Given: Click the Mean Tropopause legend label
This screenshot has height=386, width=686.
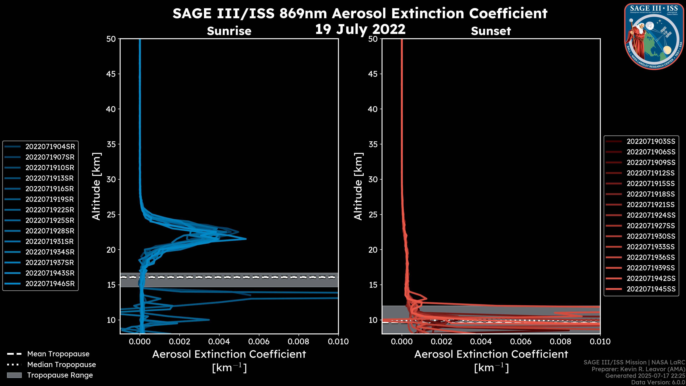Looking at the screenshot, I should (58, 354).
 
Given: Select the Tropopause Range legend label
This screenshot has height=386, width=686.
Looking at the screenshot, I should (60, 375).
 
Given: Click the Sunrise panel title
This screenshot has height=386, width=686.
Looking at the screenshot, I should (229, 31).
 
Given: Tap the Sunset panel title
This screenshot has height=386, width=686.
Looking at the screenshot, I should (491, 31).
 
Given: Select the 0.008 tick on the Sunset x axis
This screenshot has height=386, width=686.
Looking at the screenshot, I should (561, 342).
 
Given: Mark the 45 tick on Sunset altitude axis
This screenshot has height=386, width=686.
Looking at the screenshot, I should (373, 74).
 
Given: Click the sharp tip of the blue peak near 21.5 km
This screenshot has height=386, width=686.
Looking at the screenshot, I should (246, 239).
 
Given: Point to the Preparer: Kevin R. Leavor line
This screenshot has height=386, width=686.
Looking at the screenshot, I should (638, 369).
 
